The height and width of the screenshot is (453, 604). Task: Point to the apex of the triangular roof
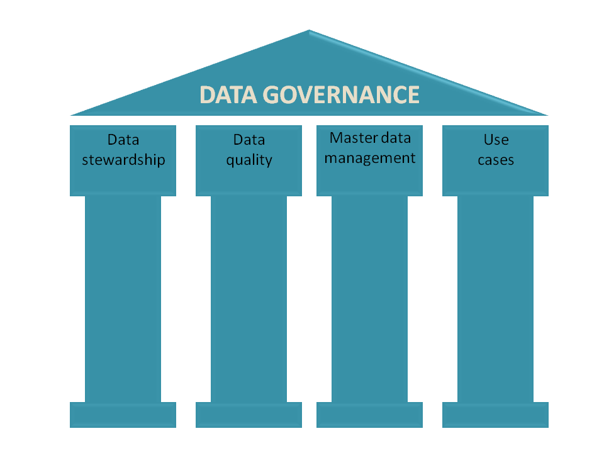point(309,31)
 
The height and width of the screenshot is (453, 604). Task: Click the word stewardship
point(123,159)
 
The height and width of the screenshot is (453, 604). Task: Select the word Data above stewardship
point(123,140)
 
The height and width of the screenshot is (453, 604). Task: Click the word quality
point(249,160)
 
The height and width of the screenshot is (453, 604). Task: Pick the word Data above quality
point(249,140)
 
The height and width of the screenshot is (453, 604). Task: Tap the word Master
point(349,138)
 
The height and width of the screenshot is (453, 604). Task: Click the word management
point(370,158)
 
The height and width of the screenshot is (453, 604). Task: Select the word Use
point(496,140)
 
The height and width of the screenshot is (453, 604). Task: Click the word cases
point(496,160)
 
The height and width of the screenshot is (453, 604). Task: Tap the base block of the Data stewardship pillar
point(123,415)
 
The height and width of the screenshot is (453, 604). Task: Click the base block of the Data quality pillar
point(249,415)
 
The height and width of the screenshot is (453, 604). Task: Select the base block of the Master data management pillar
point(370,415)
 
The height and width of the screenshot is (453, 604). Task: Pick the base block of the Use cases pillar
point(496,415)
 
